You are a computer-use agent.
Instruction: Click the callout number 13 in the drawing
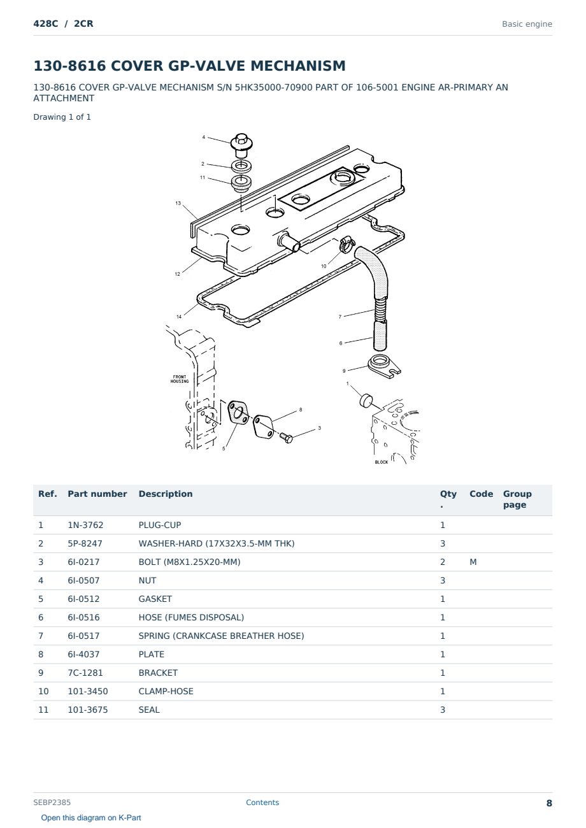click(x=178, y=203)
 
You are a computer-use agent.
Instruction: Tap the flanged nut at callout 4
click(x=241, y=145)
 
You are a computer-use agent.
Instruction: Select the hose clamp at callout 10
click(x=347, y=245)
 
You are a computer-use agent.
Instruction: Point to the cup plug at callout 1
click(x=366, y=401)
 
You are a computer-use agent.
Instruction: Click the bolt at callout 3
click(x=286, y=438)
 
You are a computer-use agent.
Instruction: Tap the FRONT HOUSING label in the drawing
click(x=180, y=379)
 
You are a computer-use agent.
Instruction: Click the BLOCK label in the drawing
click(x=381, y=462)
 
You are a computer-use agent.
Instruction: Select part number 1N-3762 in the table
click(x=85, y=525)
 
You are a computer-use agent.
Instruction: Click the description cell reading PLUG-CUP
click(x=160, y=525)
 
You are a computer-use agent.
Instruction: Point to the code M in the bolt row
click(x=473, y=562)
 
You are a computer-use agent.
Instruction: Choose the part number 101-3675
click(x=88, y=710)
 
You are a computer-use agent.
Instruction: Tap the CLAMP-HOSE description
click(x=166, y=691)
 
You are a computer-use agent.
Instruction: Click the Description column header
click(x=166, y=494)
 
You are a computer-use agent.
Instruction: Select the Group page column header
click(x=517, y=499)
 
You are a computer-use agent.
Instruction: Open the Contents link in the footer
click(x=262, y=803)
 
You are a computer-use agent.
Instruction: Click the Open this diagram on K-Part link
click(x=91, y=818)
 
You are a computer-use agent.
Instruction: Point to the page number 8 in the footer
click(x=549, y=803)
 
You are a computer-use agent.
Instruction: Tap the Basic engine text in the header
click(x=527, y=24)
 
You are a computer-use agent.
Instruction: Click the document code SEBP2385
click(x=52, y=803)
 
